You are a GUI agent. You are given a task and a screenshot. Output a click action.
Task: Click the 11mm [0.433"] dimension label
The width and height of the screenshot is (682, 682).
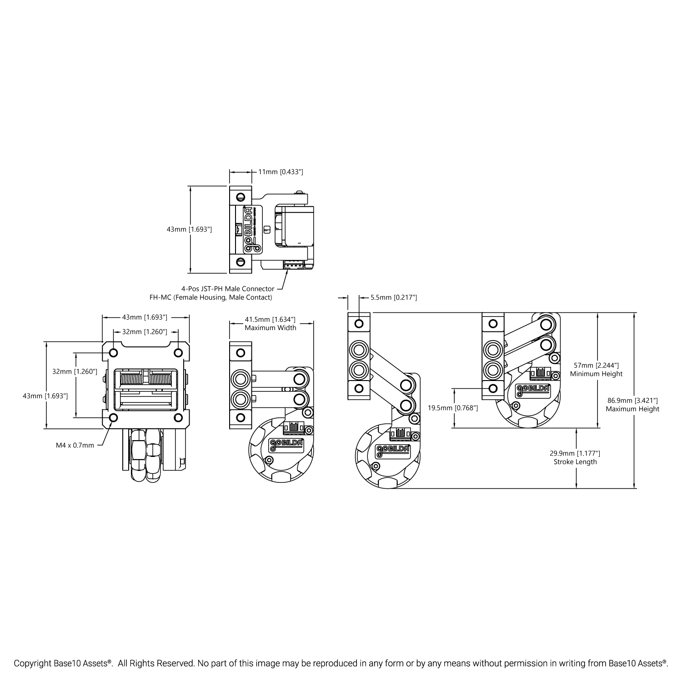(x=281, y=172)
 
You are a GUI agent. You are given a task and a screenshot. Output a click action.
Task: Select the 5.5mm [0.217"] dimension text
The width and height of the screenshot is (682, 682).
(x=394, y=297)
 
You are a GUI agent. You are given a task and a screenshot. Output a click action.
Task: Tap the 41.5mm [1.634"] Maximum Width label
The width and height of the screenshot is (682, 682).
(x=271, y=324)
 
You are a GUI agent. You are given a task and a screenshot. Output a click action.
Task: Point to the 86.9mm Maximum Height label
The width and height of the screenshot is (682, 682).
(x=632, y=405)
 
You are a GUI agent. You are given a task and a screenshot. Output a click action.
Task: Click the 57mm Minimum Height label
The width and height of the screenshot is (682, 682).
(x=596, y=370)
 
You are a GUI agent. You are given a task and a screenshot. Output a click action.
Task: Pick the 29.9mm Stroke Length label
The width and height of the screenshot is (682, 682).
(x=575, y=457)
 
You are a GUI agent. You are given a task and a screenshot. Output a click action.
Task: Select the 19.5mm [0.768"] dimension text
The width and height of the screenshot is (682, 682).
(x=453, y=408)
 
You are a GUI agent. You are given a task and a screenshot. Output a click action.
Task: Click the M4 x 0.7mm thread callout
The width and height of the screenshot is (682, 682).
(x=75, y=445)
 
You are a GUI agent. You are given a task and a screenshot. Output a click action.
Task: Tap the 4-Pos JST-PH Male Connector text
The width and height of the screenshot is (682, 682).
(x=228, y=289)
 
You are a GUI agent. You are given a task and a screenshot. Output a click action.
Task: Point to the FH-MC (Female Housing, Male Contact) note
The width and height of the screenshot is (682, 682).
(x=211, y=297)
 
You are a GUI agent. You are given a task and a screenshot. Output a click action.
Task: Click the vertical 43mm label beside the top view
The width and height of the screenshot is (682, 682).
(x=189, y=230)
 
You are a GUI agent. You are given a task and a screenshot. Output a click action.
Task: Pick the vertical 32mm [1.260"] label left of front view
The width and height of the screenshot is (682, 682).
(x=75, y=371)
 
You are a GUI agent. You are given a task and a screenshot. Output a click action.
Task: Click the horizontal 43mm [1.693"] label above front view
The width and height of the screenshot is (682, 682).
(x=145, y=317)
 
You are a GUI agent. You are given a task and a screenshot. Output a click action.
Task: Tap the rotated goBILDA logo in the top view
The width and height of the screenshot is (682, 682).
(x=250, y=230)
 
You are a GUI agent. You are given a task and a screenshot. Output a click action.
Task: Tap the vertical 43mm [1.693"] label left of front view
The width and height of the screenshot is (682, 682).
(x=45, y=396)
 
